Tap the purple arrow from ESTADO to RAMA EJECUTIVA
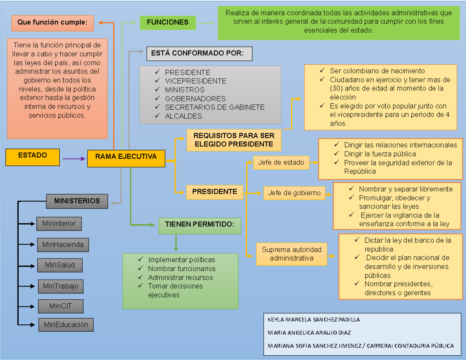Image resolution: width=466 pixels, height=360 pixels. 74,158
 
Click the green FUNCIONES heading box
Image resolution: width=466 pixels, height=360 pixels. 168,23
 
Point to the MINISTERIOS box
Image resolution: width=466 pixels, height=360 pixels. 77,201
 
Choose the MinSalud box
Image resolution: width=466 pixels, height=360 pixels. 60,265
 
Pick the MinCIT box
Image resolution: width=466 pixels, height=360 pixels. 61,306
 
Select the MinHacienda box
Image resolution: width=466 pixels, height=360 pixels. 63,245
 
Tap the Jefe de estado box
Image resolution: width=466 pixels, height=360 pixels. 281,162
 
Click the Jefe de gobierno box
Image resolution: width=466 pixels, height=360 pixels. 294,193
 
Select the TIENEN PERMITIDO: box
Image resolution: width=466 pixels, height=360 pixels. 200,225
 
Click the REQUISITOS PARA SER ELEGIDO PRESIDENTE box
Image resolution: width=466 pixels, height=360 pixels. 234,140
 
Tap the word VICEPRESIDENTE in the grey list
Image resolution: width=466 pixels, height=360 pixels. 195,81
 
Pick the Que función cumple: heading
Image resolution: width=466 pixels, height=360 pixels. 52,23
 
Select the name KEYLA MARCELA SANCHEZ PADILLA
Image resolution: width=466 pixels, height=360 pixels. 314,320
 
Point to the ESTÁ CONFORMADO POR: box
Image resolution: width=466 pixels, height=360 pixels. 199,54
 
